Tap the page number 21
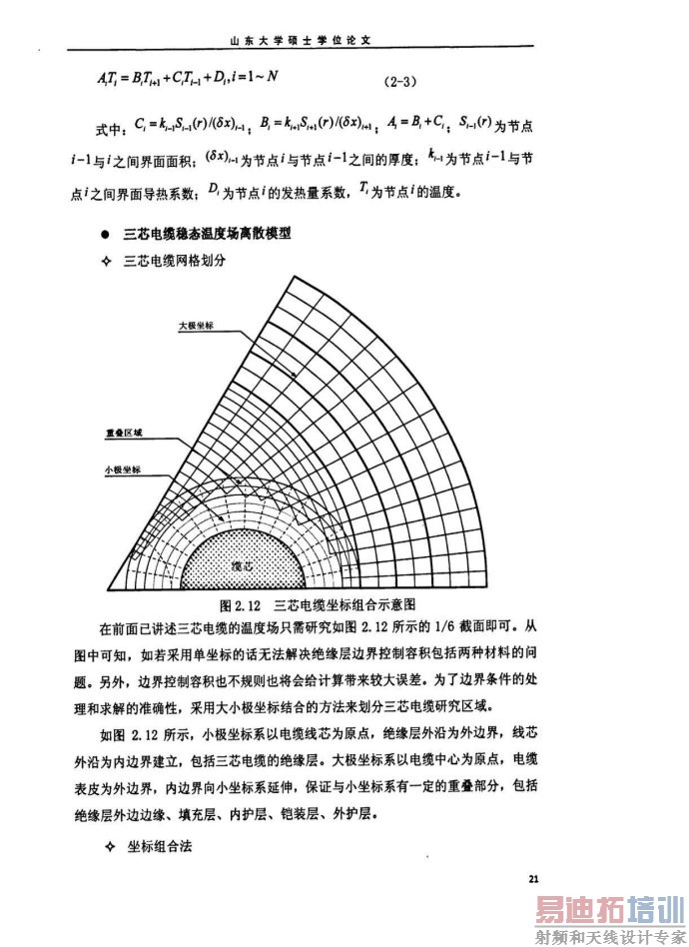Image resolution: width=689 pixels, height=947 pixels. [533, 878]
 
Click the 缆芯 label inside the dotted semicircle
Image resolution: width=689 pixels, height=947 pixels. [242, 564]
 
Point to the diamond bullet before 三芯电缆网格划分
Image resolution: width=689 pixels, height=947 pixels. [110, 261]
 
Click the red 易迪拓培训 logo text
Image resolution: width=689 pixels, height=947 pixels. [606, 912]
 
